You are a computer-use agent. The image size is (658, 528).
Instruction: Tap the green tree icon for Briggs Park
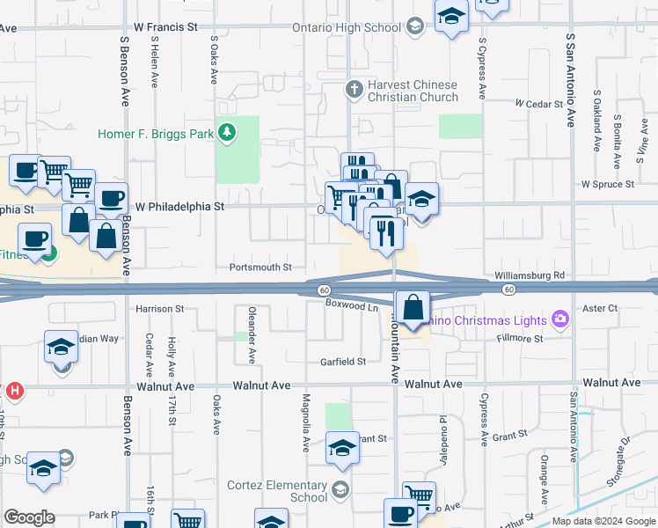[x=228, y=133]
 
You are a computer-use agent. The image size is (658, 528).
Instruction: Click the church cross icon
[x=354, y=88]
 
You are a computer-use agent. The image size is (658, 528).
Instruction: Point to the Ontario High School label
[x=347, y=27]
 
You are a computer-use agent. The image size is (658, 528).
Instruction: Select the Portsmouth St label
[x=260, y=268]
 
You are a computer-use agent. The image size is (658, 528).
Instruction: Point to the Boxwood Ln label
[x=351, y=307]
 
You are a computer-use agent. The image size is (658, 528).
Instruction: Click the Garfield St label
[x=342, y=362]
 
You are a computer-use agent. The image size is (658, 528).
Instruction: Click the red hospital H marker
[x=15, y=389]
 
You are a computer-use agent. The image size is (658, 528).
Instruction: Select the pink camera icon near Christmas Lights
[x=558, y=318]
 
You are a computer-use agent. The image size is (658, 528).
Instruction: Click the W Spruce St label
[x=608, y=185]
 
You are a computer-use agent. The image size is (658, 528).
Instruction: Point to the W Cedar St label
[x=538, y=104]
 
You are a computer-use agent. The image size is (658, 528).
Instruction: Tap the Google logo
[x=28, y=517]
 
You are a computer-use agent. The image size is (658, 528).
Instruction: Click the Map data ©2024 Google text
[x=603, y=521]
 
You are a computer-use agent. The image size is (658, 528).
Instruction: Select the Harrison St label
[x=160, y=309]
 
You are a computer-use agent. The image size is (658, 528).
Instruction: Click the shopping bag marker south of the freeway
[x=412, y=308]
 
